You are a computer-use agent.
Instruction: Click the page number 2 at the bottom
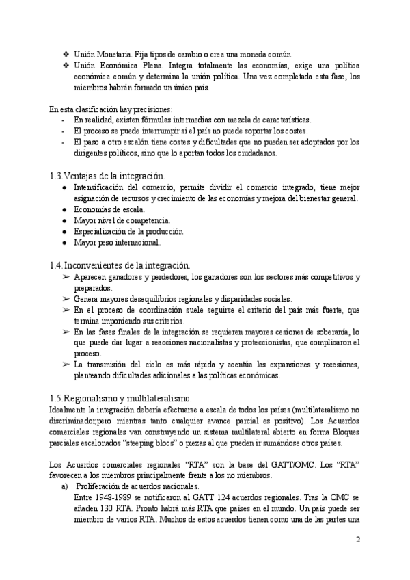point(357,539)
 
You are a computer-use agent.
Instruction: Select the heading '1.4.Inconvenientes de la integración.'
point(120,265)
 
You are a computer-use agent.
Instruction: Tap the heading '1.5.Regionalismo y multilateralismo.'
point(121,398)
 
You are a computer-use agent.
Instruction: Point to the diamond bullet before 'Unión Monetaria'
point(66,54)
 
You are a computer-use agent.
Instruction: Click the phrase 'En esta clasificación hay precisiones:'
point(111,109)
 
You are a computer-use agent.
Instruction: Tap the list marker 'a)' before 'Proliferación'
point(65,486)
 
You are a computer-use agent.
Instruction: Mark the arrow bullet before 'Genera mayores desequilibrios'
point(66,298)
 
